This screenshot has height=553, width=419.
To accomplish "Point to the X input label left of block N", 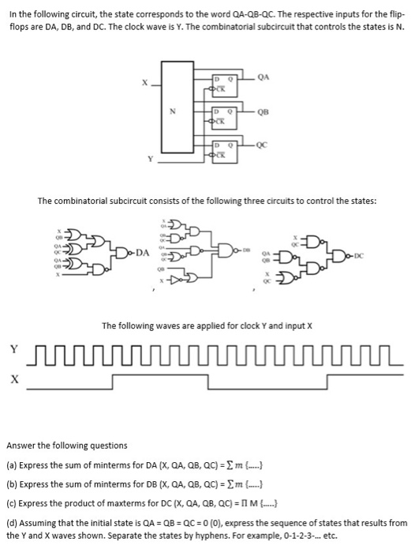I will [142, 82].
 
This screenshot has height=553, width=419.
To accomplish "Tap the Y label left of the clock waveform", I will [13, 347].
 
